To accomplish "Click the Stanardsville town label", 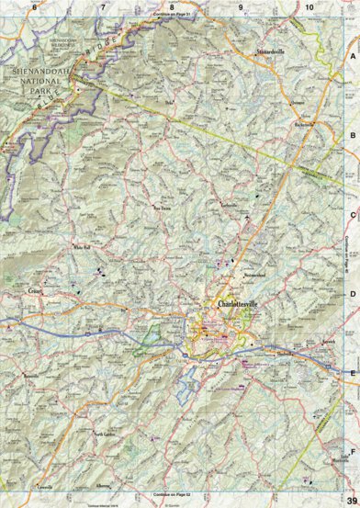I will click(x=273, y=51).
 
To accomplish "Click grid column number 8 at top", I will click(x=172, y=6).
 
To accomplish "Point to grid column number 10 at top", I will click(x=309, y=6).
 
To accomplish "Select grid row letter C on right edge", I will click(x=353, y=214).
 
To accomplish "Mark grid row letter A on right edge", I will click(x=353, y=55).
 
